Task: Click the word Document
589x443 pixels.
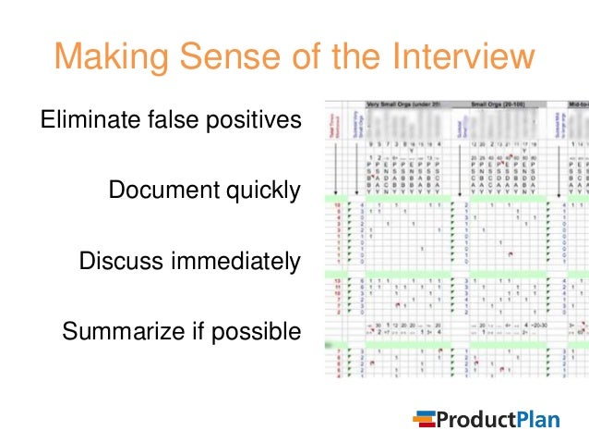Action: pyautogui.click(x=159, y=191)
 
